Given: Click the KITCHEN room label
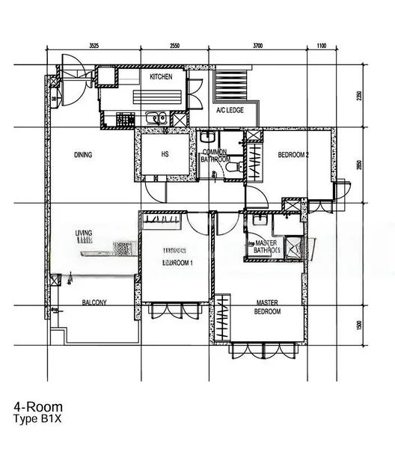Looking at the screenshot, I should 161,77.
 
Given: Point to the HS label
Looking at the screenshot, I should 165,155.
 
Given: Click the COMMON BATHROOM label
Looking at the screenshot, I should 215,156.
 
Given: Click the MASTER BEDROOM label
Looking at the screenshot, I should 267,308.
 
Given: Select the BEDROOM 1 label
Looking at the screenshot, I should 178,263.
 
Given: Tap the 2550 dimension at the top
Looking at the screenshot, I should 174,46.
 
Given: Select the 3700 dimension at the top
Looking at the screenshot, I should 257,46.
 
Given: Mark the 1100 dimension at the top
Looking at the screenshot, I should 321,46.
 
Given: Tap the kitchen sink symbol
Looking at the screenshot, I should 156,117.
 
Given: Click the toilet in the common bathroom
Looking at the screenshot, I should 234,165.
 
